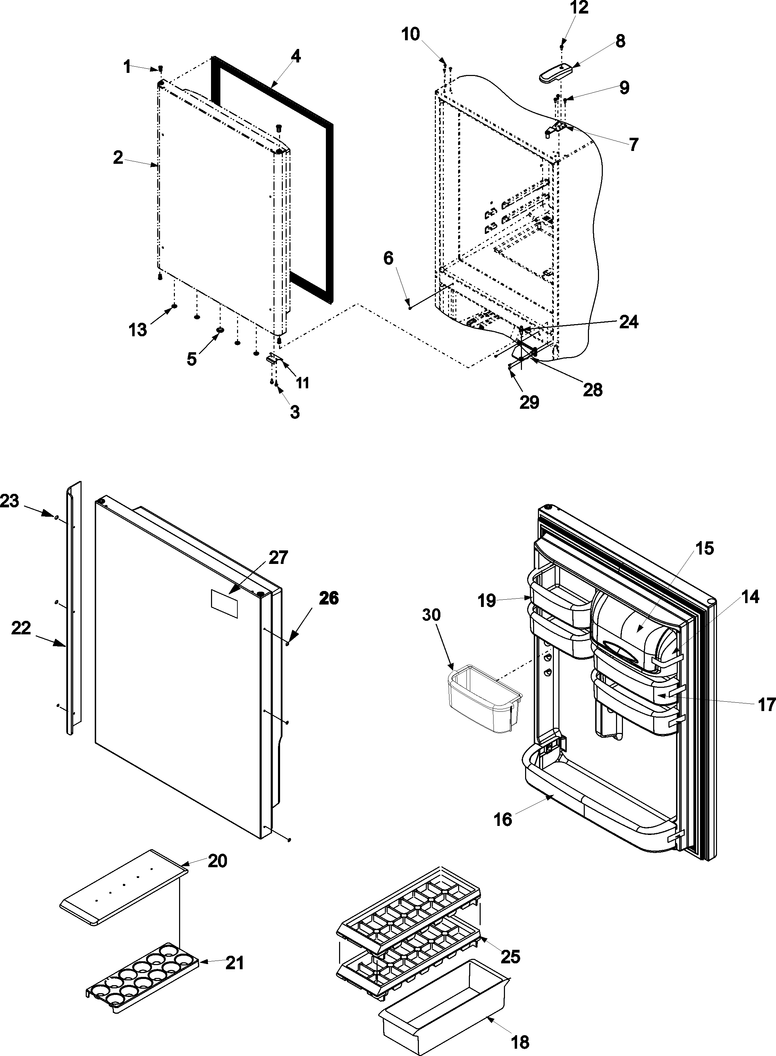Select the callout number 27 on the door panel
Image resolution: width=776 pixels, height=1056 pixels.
point(278,558)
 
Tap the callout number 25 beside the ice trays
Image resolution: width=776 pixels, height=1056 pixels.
point(511,955)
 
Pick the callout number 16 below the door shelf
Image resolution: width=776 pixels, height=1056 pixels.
point(503,819)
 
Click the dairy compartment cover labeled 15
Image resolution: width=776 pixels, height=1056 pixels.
point(634,627)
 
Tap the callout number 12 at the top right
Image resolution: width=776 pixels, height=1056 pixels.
point(579,8)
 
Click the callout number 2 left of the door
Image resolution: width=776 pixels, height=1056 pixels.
point(118,157)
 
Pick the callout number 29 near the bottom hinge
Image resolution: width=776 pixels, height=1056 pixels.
point(529,402)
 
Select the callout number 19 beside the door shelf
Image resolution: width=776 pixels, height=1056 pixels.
point(488,600)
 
